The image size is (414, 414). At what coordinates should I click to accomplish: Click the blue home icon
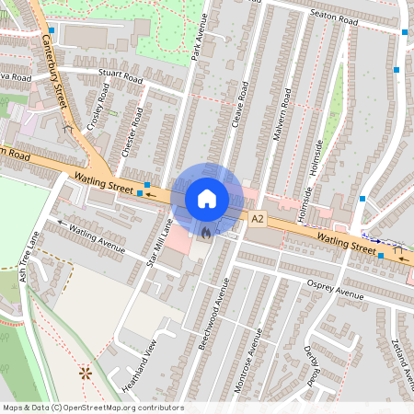pyautogui.click(x=207, y=198)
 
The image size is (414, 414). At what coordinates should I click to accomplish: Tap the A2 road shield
pyautogui.click(x=258, y=219)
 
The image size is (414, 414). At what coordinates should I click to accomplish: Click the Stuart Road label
pyautogui.click(x=121, y=76)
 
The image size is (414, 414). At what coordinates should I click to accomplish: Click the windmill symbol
pyautogui.click(x=86, y=373)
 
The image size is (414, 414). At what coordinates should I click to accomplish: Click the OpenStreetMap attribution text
pyautogui.click(x=92, y=408)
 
